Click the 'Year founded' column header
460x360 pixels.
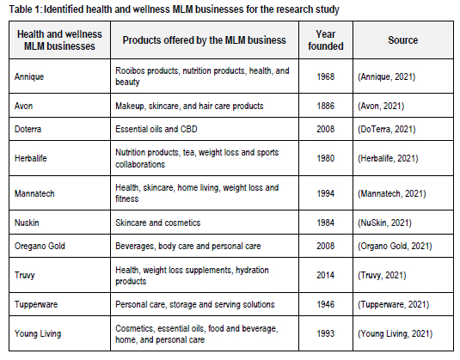(x=326, y=40)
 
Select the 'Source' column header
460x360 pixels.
(x=402, y=40)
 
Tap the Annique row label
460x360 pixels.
(x=29, y=76)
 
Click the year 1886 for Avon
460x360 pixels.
(x=326, y=106)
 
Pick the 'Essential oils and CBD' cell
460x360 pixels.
(x=156, y=129)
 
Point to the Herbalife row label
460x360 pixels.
(x=31, y=158)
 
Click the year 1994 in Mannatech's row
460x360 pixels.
(x=326, y=193)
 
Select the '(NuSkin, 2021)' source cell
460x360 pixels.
(x=384, y=223)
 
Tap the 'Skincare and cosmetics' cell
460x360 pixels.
(x=158, y=223)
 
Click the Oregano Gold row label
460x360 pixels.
(x=40, y=246)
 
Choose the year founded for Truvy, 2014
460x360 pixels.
(x=326, y=275)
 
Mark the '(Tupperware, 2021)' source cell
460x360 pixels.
(x=394, y=305)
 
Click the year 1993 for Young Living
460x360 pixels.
(x=326, y=333)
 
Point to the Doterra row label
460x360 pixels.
(x=28, y=129)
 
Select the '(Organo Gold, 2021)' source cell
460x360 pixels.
(x=395, y=246)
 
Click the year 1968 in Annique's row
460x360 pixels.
(x=326, y=76)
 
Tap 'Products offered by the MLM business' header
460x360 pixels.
(x=204, y=40)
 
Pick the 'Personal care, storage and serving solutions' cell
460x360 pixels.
(x=195, y=305)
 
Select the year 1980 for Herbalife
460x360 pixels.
(x=326, y=158)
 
